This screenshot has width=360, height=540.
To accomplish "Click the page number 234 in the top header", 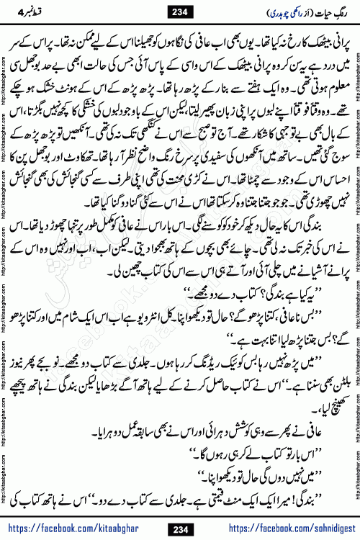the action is coord(179,12).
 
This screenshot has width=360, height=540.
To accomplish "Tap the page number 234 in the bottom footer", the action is coord(179,528).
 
